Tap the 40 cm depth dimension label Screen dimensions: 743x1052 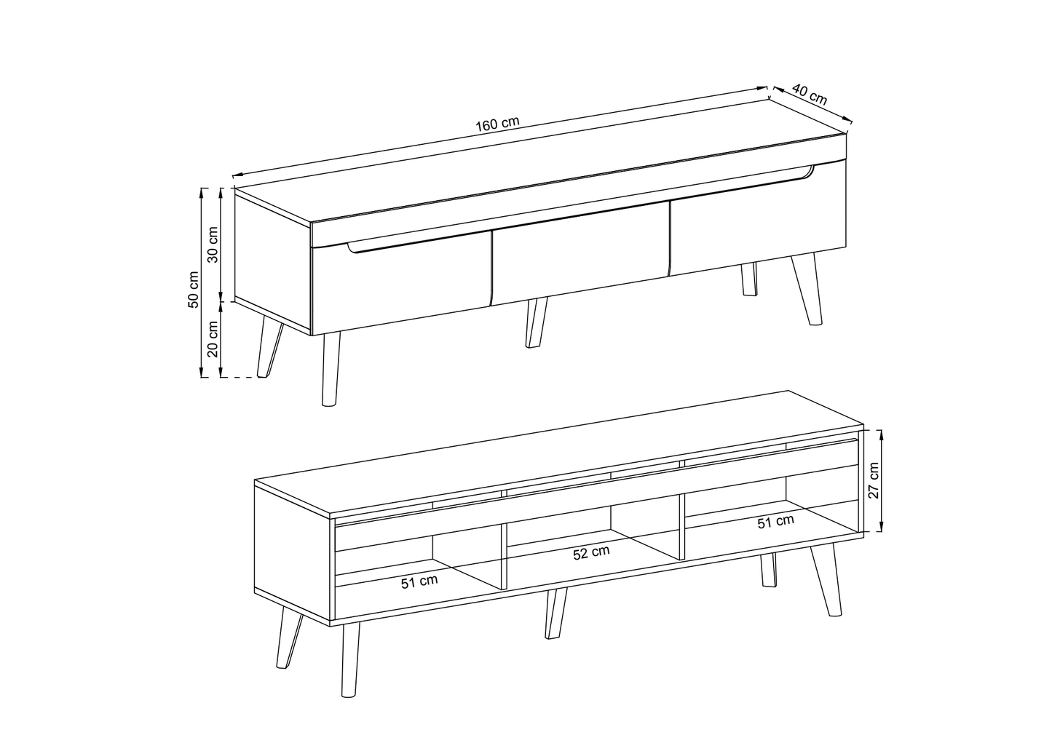[810, 95]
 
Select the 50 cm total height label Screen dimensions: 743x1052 [193, 290]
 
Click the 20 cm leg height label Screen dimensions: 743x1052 [213, 339]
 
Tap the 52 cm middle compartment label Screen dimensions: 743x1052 [591, 553]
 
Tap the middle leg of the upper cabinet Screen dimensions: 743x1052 [536, 322]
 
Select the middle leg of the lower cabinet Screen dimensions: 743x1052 [555, 613]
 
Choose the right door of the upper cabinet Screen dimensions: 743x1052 [757, 226]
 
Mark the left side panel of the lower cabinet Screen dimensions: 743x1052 [292, 553]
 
